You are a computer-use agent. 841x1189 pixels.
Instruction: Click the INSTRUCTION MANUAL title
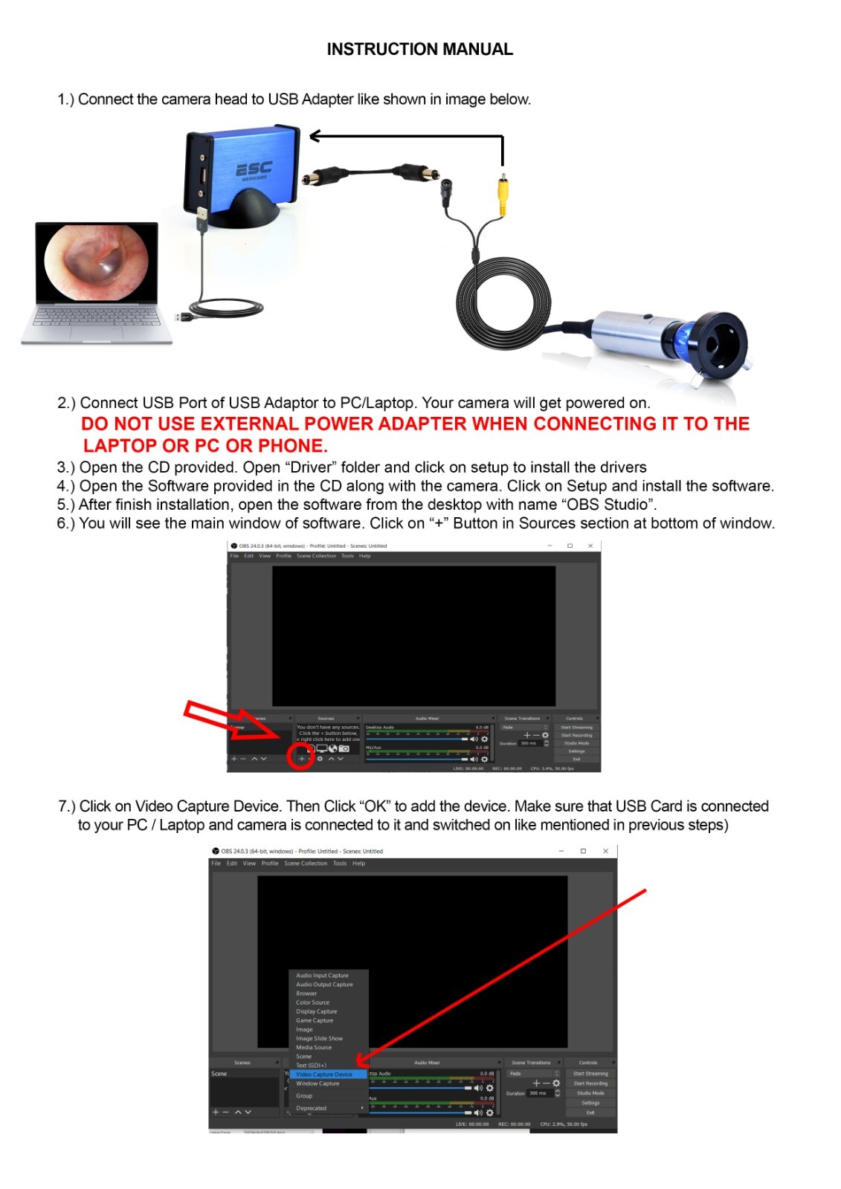[x=419, y=49]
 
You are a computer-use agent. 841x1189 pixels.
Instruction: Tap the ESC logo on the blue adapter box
[x=254, y=170]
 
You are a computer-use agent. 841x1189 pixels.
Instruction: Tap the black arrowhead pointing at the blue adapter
[x=315, y=135]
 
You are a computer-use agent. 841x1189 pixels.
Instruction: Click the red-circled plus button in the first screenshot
[x=300, y=759]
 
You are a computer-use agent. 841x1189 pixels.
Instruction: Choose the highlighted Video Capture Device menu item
[x=324, y=1075]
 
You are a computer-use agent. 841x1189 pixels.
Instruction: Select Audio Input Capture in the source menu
[x=322, y=976]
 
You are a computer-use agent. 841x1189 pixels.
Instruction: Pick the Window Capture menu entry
[x=318, y=1083]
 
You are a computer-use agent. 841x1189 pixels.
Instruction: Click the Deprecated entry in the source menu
[x=312, y=1108]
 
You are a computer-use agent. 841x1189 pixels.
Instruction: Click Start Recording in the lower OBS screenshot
[x=590, y=1083]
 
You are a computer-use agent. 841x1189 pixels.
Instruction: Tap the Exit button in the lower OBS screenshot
[x=590, y=1112]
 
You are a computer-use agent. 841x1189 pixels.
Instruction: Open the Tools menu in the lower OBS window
[x=340, y=864]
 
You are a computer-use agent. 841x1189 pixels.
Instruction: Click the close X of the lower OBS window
[x=605, y=851]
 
